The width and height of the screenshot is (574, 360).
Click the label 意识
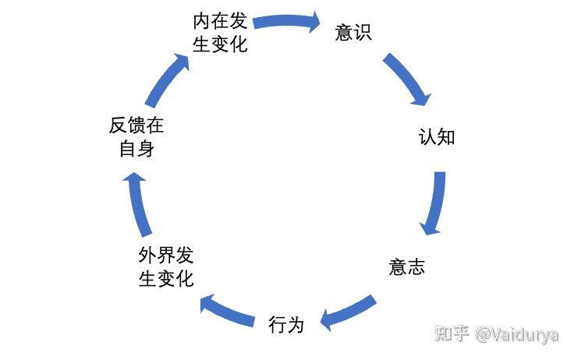coord(353,33)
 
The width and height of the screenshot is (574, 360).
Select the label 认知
coord(436,138)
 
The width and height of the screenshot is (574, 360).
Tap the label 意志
coord(406,266)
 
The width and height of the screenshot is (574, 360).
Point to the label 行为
coord(285,323)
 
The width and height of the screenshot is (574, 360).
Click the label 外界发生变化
coord(165,266)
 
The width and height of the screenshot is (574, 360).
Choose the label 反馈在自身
coord(136,137)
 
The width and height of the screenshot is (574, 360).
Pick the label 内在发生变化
coord(220,31)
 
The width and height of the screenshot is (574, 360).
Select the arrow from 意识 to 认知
coord(406,78)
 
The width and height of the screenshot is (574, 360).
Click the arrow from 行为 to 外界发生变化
coord(227,309)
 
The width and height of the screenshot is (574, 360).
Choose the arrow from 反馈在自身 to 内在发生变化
coord(168,81)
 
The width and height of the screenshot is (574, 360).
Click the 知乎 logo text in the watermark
coord(452,334)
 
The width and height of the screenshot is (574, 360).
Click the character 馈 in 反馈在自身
coord(136,126)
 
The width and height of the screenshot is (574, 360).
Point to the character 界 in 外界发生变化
coord(165,256)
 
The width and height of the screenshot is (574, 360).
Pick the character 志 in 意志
coord(416,266)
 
